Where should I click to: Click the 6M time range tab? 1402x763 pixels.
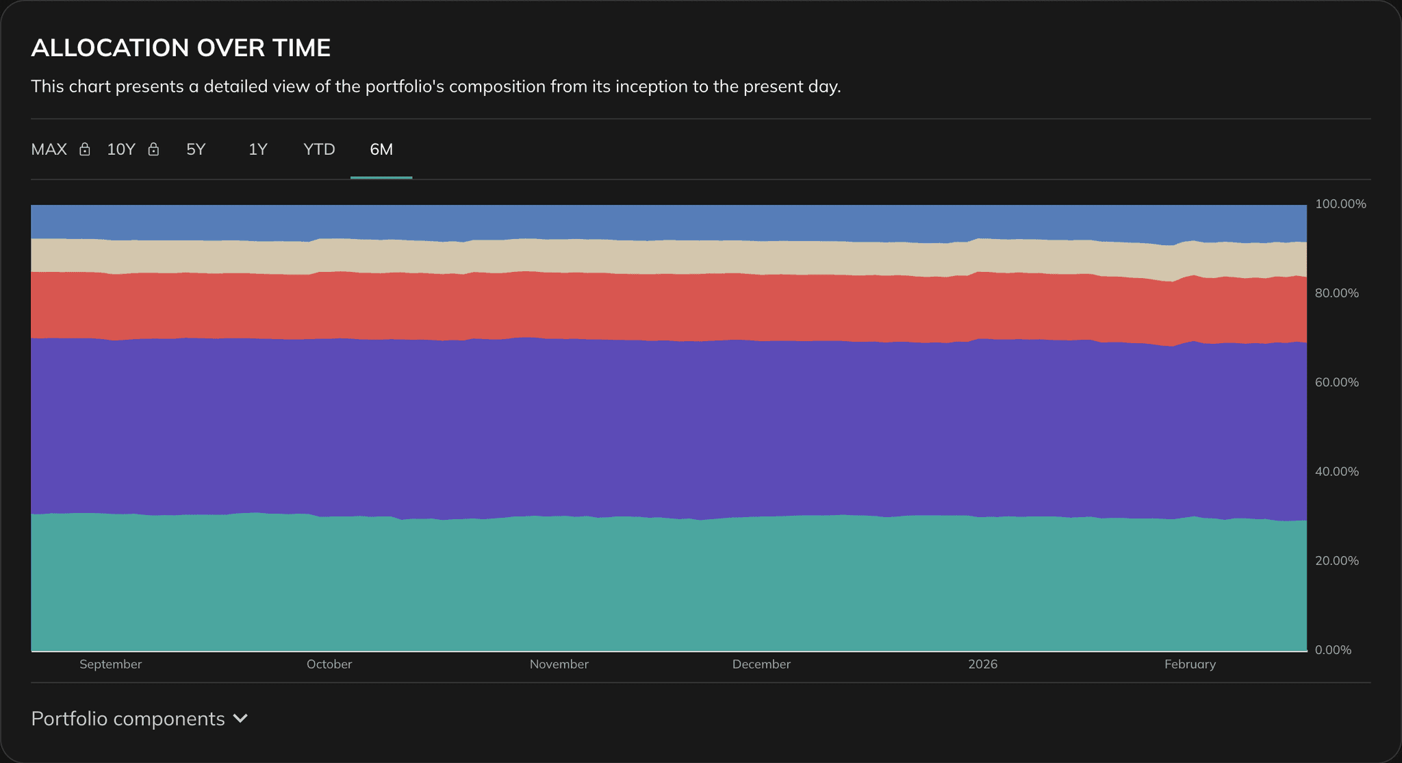381,149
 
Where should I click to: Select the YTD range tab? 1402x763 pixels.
319,149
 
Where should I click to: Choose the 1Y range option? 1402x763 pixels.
257,149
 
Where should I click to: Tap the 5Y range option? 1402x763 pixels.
196,149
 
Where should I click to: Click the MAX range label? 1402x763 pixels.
49,149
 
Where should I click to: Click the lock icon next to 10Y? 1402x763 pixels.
153,149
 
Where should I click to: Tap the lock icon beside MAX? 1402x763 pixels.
85,149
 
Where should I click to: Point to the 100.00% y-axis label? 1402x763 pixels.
1340,204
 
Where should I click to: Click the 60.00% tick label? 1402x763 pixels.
1336,382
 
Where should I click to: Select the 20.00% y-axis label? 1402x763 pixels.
1336,561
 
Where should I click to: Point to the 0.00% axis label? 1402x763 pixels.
1332,650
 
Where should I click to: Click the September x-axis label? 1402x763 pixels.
110,664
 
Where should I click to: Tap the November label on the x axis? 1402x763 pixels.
559,664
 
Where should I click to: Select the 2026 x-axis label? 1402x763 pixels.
982,664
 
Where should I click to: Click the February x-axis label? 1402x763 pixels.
1190,664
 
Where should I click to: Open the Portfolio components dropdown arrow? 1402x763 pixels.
240,718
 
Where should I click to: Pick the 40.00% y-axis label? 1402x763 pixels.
1336,471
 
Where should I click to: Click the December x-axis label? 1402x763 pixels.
761,664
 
